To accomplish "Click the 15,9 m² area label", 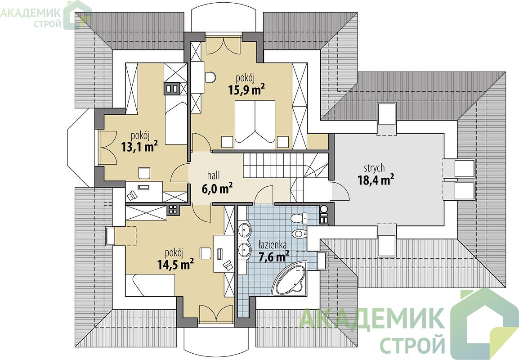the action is tap(246, 90).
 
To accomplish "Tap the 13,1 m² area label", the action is tap(139, 146).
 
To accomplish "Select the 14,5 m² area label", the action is tap(175, 264).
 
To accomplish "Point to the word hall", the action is tap(214, 175).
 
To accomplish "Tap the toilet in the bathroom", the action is tap(299, 218).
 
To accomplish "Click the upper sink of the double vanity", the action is tap(245, 229).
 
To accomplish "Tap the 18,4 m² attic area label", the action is tap(376, 180).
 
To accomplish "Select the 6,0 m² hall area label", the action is tap(217, 188).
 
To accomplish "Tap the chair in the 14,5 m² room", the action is tap(206, 253).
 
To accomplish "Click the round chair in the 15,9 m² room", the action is tap(210, 77).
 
